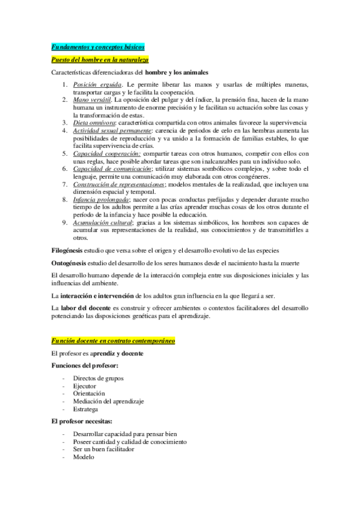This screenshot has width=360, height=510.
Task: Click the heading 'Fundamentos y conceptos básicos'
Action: click(97, 47)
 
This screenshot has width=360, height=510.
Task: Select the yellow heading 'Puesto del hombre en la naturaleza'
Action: click(100, 60)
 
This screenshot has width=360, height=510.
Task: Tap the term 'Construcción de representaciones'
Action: click(118, 184)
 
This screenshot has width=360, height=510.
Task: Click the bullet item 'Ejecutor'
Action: click(85, 386)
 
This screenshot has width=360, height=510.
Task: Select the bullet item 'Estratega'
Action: click(86, 409)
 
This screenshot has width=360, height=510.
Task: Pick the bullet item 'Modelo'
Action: click(84, 456)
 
